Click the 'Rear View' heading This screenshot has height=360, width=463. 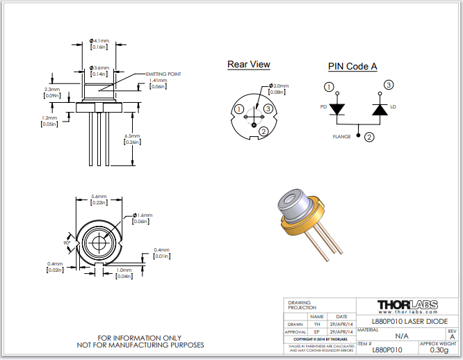(248, 65)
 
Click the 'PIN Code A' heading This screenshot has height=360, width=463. (352, 67)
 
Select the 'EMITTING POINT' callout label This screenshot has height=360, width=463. (163, 74)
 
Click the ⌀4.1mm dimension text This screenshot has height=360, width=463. (100, 42)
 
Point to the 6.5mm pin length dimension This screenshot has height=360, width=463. (132, 136)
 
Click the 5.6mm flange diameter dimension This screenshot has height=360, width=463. (99, 197)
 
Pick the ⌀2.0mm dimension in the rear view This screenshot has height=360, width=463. (278, 86)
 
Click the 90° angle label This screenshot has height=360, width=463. (67, 244)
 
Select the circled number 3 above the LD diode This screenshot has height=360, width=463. (388, 85)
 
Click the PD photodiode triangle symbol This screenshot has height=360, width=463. (337, 109)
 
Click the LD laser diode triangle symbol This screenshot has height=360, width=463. (380, 109)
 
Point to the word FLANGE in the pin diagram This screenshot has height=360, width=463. (342, 137)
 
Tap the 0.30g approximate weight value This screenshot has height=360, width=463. (439, 350)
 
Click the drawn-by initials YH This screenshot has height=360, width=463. (317, 324)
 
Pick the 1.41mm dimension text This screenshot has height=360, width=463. (159, 81)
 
